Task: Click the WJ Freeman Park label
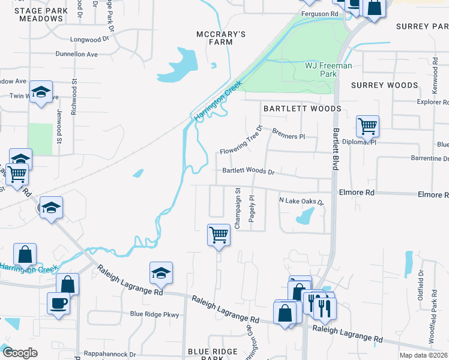point(328,69)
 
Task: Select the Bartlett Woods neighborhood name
point(302,109)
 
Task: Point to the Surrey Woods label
point(384,85)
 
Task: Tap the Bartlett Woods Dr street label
point(248,171)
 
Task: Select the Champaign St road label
point(238,209)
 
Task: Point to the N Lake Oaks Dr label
point(301,202)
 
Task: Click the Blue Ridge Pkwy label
point(155,314)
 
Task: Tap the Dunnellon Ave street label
point(76,54)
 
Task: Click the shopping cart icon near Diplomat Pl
point(367,127)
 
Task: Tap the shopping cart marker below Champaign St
point(219,235)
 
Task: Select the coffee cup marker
point(59,303)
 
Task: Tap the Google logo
point(20,353)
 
